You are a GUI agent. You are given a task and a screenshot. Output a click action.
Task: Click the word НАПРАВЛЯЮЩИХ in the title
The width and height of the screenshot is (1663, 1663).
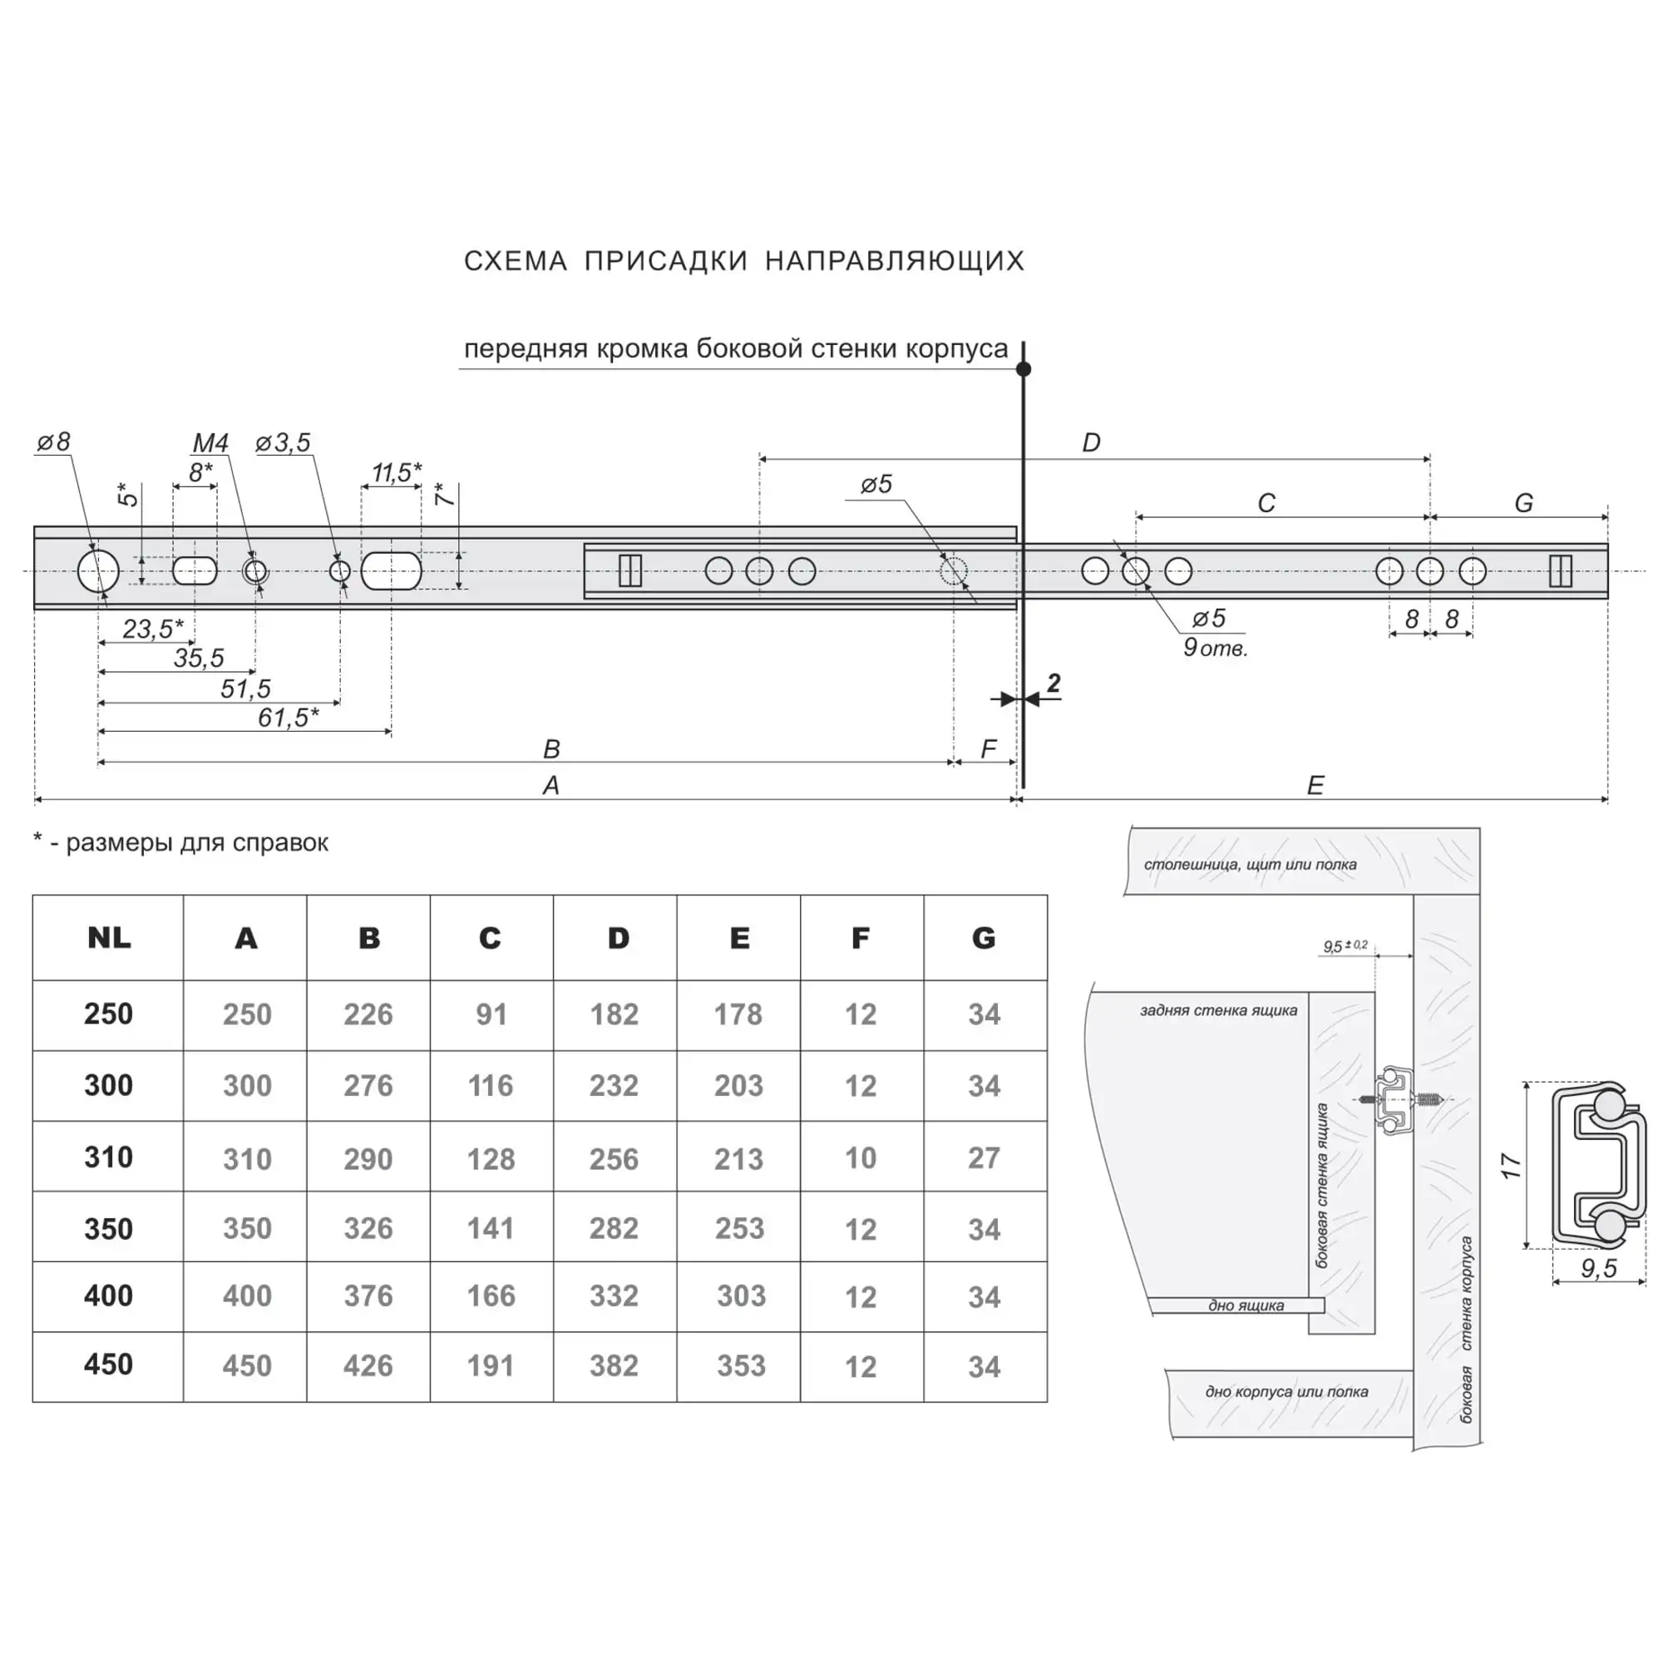pyautogui.click(x=895, y=261)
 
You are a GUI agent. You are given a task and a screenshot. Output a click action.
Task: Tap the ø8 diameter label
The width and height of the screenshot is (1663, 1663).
pyautogui.click(x=53, y=442)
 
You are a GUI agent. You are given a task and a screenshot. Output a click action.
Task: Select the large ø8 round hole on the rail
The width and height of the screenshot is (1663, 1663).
pyautogui.click(x=98, y=570)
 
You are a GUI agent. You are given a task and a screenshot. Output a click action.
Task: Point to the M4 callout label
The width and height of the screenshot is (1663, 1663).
pyautogui.click(x=210, y=443)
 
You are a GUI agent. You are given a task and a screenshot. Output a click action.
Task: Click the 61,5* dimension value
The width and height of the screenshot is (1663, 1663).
pyautogui.click(x=289, y=717)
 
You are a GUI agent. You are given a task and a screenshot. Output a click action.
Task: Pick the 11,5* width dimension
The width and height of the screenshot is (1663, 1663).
pyautogui.click(x=396, y=472)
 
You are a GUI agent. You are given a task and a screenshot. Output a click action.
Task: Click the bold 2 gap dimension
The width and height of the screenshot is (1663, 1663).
pyautogui.click(x=1054, y=683)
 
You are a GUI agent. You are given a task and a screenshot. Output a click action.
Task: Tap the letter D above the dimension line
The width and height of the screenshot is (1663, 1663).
pyautogui.click(x=1091, y=443)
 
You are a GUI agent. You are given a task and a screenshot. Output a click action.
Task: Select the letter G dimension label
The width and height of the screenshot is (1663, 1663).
pyautogui.click(x=1522, y=503)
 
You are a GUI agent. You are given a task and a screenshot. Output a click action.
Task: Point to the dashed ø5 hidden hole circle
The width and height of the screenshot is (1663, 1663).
pyautogui.click(x=954, y=570)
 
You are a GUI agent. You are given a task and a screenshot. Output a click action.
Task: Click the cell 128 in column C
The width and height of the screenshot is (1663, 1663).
pyautogui.click(x=491, y=1159)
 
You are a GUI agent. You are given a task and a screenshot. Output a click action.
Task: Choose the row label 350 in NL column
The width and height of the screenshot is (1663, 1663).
pyautogui.click(x=108, y=1229)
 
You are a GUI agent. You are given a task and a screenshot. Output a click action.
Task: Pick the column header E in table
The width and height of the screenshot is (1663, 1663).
pyautogui.click(x=738, y=938)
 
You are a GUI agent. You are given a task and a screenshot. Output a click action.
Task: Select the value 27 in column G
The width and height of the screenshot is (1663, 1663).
pyautogui.click(x=984, y=1158)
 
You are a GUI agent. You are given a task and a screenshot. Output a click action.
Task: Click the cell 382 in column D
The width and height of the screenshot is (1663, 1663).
pyautogui.click(x=614, y=1366)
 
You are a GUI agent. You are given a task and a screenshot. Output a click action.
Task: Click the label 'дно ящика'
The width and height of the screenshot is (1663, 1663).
pyautogui.click(x=1246, y=1305)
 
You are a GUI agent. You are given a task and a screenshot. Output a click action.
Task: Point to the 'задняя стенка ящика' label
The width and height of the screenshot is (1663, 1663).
pyautogui.click(x=1218, y=1010)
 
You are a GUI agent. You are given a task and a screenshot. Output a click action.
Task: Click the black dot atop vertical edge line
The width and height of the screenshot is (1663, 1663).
pyautogui.click(x=1024, y=369)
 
